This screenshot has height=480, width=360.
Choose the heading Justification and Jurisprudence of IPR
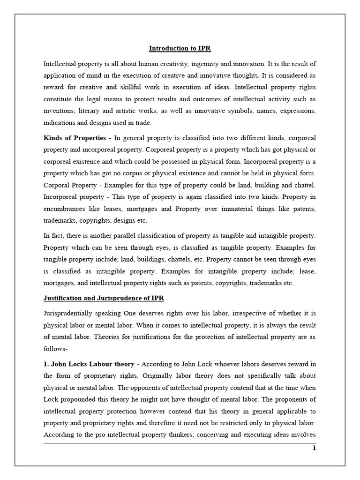(104, 298)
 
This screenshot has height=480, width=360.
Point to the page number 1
(315, 448)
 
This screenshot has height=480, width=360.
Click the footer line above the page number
(180, 442)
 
